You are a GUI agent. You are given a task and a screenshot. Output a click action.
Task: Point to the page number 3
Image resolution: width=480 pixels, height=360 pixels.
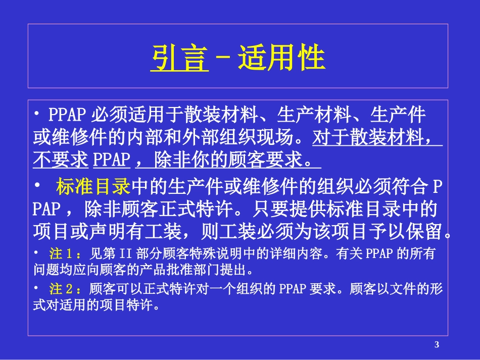pyautogui.click(x=437, y=345)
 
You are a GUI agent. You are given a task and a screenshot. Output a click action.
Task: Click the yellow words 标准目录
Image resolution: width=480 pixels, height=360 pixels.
pyautogui.click(x=93, y=187)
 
